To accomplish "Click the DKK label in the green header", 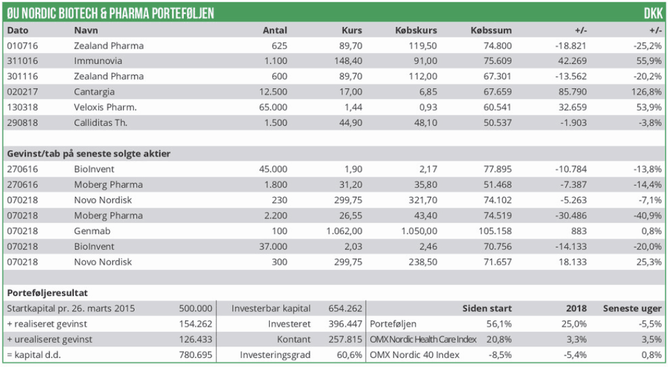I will point(653,13).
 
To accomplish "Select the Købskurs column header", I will point(417,30).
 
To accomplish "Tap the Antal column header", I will point(275,30).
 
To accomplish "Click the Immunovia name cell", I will point(98,61).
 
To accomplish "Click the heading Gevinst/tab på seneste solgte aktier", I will point(89,153).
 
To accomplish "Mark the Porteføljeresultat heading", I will point(47,293).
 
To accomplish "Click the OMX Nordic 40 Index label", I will point(414,355).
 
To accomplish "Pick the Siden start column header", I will point(487,308).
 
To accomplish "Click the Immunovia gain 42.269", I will point(572,61).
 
